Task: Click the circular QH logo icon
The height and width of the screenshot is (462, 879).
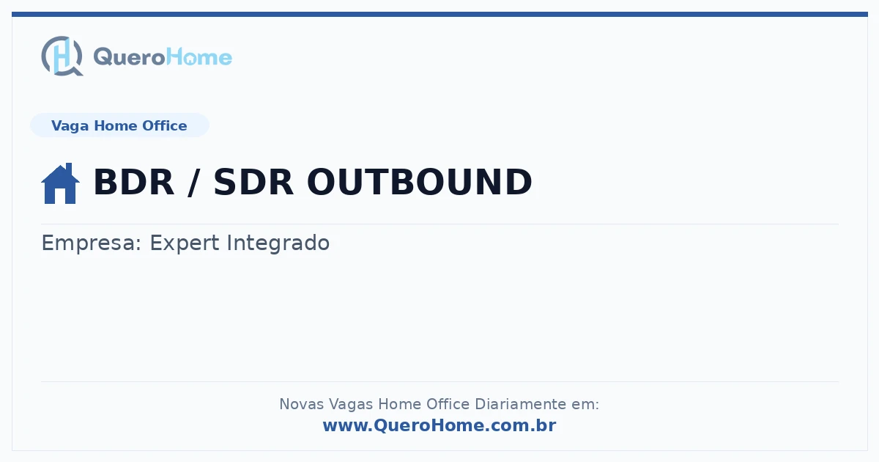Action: [x=62, y=56]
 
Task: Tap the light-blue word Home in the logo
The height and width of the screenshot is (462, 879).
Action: [x=199, y=56]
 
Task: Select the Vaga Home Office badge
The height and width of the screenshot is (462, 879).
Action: [x=119, y=125]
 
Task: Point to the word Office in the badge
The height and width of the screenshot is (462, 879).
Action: [x=164, y=125]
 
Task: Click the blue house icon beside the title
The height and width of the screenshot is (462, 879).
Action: [x=60, y=183]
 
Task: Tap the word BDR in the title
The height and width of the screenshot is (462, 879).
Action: [x=134, y=182]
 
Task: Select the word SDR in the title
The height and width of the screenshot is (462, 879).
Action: [x=253, y=182]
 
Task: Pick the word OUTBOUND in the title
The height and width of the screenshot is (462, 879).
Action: [x=420, y=182]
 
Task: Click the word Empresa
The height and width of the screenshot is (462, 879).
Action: [x=91, y=243]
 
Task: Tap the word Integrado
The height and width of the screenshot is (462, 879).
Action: [x=278, y=243]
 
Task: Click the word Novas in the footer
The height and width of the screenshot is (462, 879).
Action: [x=301, y=404]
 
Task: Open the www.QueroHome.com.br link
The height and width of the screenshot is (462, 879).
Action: [x=439, y=425]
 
